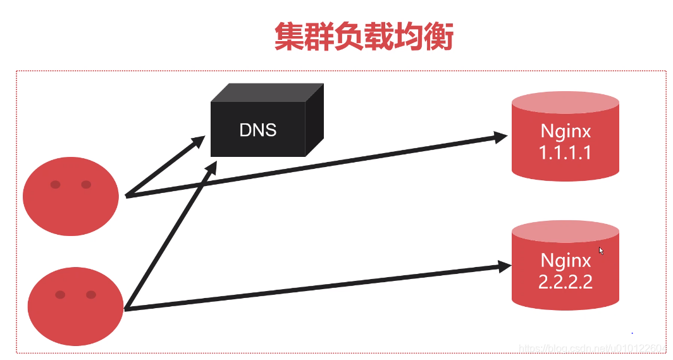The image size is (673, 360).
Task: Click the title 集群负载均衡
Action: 364,37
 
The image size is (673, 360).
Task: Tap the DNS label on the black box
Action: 258,130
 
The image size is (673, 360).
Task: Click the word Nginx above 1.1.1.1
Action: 565,131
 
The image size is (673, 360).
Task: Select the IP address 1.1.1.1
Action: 565,152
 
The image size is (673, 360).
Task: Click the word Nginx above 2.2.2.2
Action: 565,260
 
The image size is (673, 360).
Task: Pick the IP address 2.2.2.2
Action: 565,282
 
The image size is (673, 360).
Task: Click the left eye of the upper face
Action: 56,185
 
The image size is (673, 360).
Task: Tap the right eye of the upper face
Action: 86,185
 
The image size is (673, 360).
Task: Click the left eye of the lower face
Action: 60,295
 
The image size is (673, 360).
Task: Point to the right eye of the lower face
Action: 90,295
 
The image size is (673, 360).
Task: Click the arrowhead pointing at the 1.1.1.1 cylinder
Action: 502,135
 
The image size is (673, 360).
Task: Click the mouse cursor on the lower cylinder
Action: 602,251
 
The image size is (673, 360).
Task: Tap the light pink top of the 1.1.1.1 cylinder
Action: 565,102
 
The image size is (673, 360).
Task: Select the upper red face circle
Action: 71,196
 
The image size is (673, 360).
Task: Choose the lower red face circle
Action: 75,306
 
